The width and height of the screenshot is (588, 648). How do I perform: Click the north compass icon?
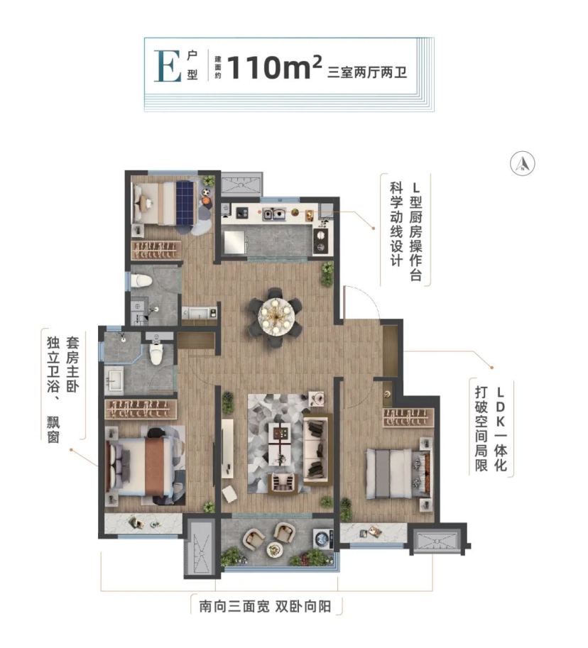(522, 163)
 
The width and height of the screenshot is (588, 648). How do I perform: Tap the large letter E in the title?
(168, 66)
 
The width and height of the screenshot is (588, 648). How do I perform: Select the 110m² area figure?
(275, 67)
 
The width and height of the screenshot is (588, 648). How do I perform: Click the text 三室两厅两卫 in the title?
(367, 72)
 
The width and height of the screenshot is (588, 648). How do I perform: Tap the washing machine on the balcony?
(323, 539)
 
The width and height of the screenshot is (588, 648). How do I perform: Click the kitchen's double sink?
(274, 213)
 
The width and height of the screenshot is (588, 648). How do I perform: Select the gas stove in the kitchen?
(320, 240)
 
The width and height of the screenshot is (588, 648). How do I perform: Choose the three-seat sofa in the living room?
(317, 449)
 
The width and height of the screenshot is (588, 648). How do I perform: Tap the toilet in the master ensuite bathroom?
(157, 352)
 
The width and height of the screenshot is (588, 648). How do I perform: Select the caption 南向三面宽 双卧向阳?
(265, 606)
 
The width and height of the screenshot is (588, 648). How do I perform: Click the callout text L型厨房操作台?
(415, 231)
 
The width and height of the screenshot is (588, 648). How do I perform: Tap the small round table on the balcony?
(275, 549)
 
